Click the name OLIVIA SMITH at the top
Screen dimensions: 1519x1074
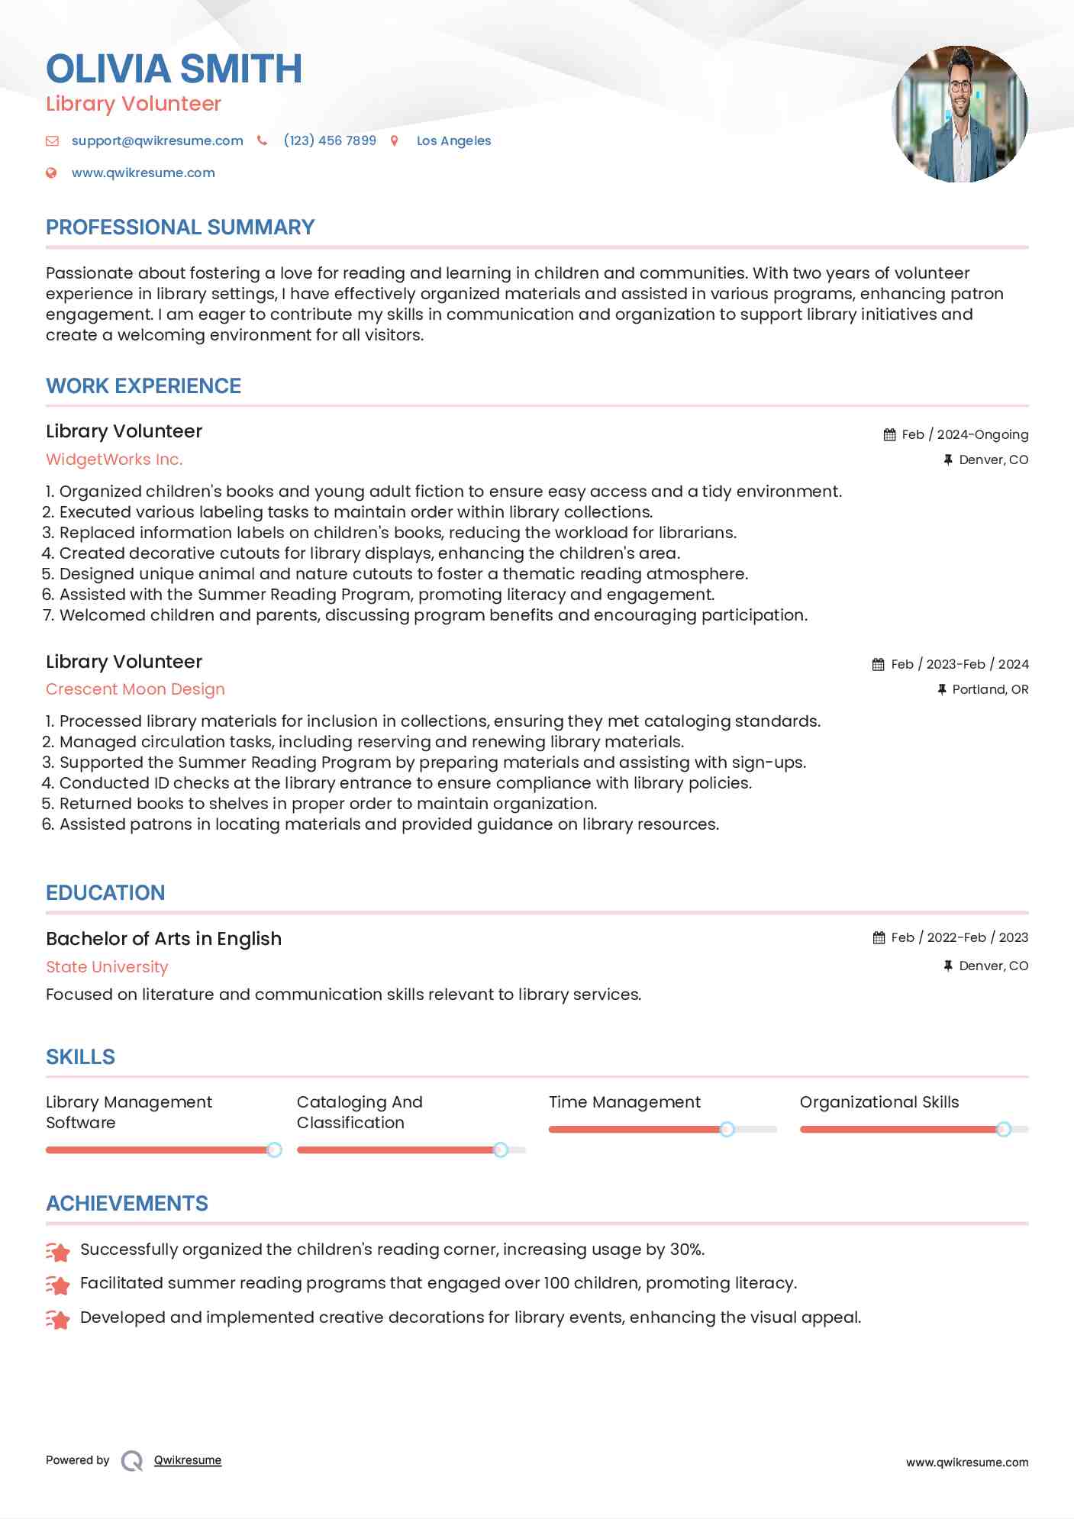point(174,69)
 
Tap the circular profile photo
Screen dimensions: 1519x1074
point(960,114)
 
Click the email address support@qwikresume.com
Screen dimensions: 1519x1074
point(157,140)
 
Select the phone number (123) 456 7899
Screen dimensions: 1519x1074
point(330,140)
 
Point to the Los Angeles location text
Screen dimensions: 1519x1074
point(453,140)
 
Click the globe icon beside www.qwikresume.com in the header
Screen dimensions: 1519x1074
point(51,173)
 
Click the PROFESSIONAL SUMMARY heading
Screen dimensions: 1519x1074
point(180,227)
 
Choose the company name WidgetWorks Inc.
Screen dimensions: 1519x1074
point(114,459)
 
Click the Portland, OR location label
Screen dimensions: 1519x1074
point(990,689)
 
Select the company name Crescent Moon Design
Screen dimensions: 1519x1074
point(135,689)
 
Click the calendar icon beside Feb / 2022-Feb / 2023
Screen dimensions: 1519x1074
point(879,937)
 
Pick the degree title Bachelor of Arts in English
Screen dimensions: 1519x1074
point(163,938)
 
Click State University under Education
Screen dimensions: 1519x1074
point(107,966)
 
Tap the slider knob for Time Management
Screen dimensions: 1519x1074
point(727,1129)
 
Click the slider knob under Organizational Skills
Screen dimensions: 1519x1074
point(1004,1129)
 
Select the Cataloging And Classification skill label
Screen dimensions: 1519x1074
point(360,1111)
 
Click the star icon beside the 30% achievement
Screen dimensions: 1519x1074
point(58,1250)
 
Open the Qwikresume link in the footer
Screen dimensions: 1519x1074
point(188,1460)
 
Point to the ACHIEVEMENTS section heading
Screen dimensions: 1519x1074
point(127,1203)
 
